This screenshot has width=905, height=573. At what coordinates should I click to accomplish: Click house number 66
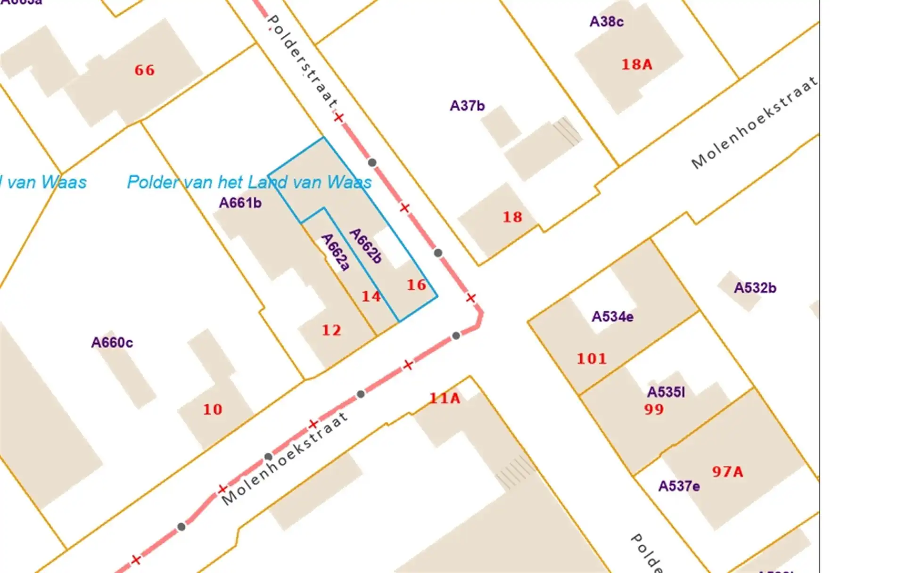click(144, 70)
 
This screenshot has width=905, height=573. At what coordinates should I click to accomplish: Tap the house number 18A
click(636, 64)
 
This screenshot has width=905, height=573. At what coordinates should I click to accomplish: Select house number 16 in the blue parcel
click(416, 285)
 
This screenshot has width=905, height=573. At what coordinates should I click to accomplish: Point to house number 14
click(371, 296)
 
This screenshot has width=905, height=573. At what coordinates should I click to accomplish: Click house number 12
click(331, 330)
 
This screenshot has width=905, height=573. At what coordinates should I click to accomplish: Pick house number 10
click(213, 409)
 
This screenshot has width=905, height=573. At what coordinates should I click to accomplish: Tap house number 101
click(592, 359)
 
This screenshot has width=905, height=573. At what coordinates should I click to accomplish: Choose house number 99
click(654, 409)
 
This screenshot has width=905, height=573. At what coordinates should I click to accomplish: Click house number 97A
click(727, 471)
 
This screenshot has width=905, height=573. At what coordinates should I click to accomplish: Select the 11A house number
click(444, 398)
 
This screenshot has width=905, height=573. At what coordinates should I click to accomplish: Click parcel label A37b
click(467, 106)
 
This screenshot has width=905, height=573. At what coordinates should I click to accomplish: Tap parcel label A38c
click(607, 22)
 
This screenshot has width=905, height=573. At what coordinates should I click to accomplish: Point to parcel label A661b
click(240, 203)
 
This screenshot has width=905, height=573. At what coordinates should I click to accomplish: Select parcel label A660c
click(112, 342)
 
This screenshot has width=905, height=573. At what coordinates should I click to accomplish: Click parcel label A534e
click(612, 316)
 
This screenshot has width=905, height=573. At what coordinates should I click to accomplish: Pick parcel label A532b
click(755, 287)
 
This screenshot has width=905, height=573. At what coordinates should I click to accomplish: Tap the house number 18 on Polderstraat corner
click(512, 217)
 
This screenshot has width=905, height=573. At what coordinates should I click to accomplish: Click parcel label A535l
click(666, 392)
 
